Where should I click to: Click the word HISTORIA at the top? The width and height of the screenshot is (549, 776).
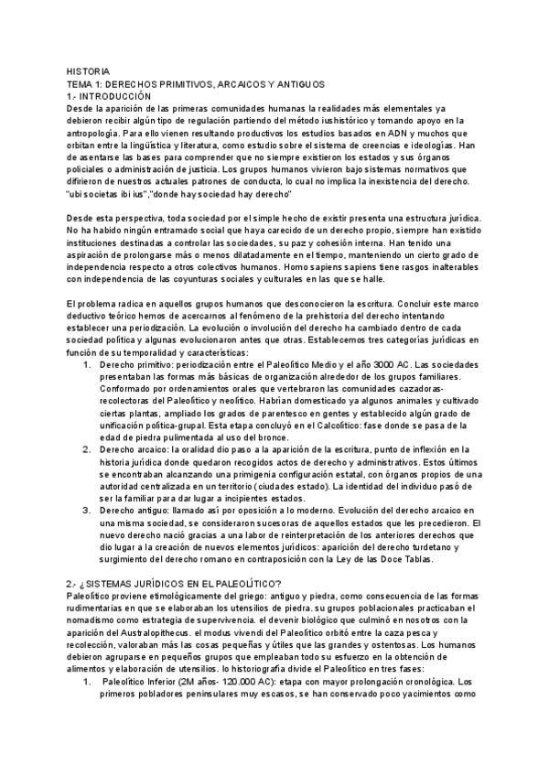[88, 70]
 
